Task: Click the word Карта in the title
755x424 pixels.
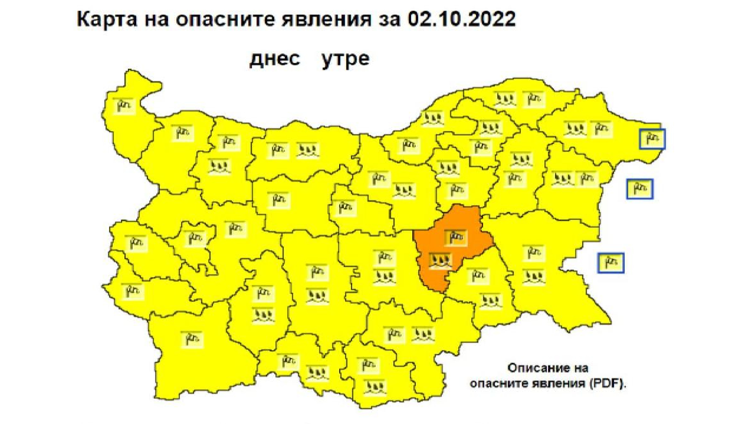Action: (x=107, y=19)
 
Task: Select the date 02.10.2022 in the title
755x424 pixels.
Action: (x=461, y=19)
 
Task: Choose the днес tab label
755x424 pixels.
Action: (x=275, y=59)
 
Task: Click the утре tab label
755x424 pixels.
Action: (x=345, y=59)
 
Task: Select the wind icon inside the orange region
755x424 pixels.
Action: (x=456, y=237)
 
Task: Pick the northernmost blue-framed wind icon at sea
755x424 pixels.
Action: (x=652, y=139)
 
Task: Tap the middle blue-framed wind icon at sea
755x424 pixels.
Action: (x=639, y=189)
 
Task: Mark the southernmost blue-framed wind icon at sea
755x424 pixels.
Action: (x=611, y=263)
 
